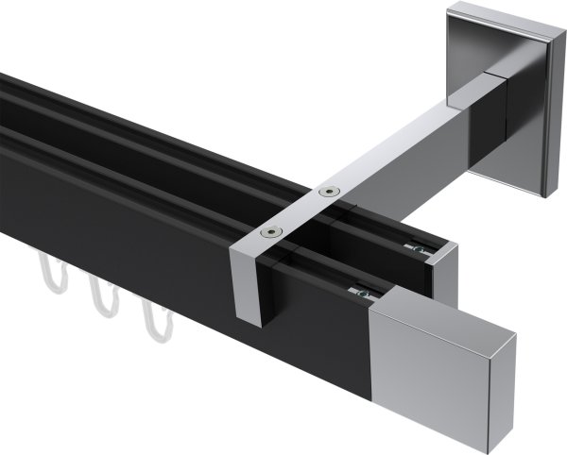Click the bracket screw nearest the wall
(328, 192)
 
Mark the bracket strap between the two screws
(300, 211)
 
